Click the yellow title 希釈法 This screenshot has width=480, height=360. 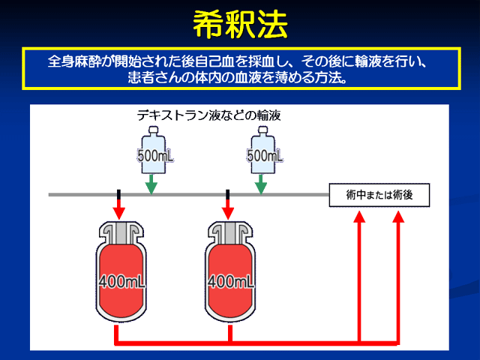240,25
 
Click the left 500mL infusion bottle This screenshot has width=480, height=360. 154,150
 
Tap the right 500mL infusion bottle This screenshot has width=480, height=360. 263,150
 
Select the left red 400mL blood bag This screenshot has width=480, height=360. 121,271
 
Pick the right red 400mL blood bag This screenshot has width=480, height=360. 230,271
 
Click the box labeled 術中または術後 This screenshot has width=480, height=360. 379,195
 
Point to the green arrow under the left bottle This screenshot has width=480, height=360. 151,184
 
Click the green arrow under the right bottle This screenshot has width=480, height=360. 261,184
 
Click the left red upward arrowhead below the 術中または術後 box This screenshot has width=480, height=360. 360,217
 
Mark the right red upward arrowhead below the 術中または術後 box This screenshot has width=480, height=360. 398,217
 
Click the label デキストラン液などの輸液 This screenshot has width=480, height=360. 208,115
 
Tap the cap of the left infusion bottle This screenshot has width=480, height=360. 153,130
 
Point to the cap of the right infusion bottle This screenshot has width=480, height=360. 263,130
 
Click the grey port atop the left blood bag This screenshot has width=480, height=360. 121,232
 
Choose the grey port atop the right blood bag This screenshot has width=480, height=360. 230,232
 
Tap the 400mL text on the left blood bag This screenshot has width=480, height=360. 121,282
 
